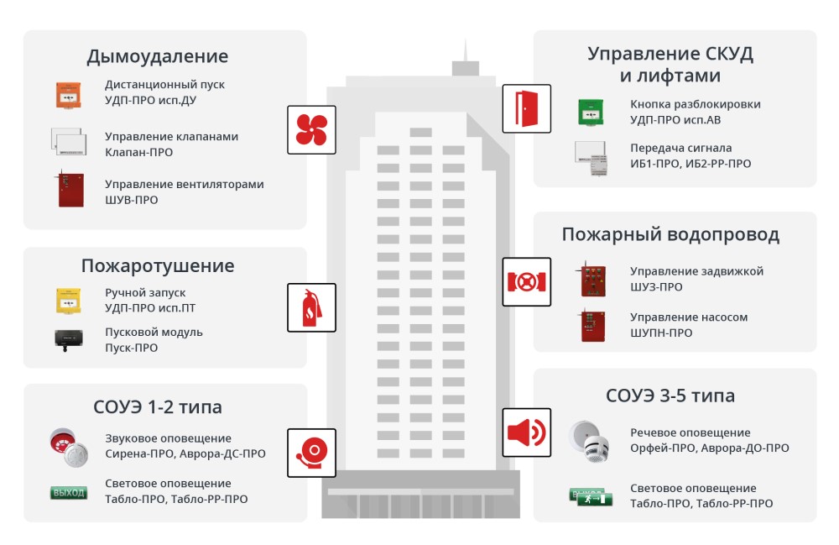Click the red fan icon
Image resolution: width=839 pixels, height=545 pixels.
click(x=311, y=129)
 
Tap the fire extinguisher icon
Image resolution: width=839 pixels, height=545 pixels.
click(x=311, y=308)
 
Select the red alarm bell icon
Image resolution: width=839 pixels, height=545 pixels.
click(x=311, y=453)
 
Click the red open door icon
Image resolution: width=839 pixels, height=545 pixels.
click(x=527, y=108)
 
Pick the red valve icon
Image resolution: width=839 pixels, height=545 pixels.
click(x=527, y=282)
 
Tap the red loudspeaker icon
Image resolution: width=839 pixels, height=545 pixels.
click(x=527, y=432)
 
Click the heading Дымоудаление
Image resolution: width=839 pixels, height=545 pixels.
click(x=158, y=56)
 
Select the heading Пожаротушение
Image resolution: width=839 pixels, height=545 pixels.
click(x=158, y=265)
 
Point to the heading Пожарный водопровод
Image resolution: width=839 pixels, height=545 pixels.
click(x=670, y=234)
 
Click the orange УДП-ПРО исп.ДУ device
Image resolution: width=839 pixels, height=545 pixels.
click(x=69, y=95)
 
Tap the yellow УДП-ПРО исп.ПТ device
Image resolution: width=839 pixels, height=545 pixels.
click(x=69, y=301)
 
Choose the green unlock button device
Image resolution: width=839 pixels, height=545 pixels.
click(x=591, y=113)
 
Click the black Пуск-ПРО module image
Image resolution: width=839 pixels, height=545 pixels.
click(x=69, y=339)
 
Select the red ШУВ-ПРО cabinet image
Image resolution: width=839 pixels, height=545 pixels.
click(x=70, y=189)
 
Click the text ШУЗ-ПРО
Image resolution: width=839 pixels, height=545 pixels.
click(x=656, y=287)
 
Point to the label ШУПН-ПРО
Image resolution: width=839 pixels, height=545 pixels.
click(x=661, y=333)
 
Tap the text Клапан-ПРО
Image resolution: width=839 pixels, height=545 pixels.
click(x=138, y=152)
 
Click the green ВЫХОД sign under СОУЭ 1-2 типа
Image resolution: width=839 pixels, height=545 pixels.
click(x=69, y=493)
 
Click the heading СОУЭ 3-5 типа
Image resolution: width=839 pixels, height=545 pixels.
click(x=670, y=396)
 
